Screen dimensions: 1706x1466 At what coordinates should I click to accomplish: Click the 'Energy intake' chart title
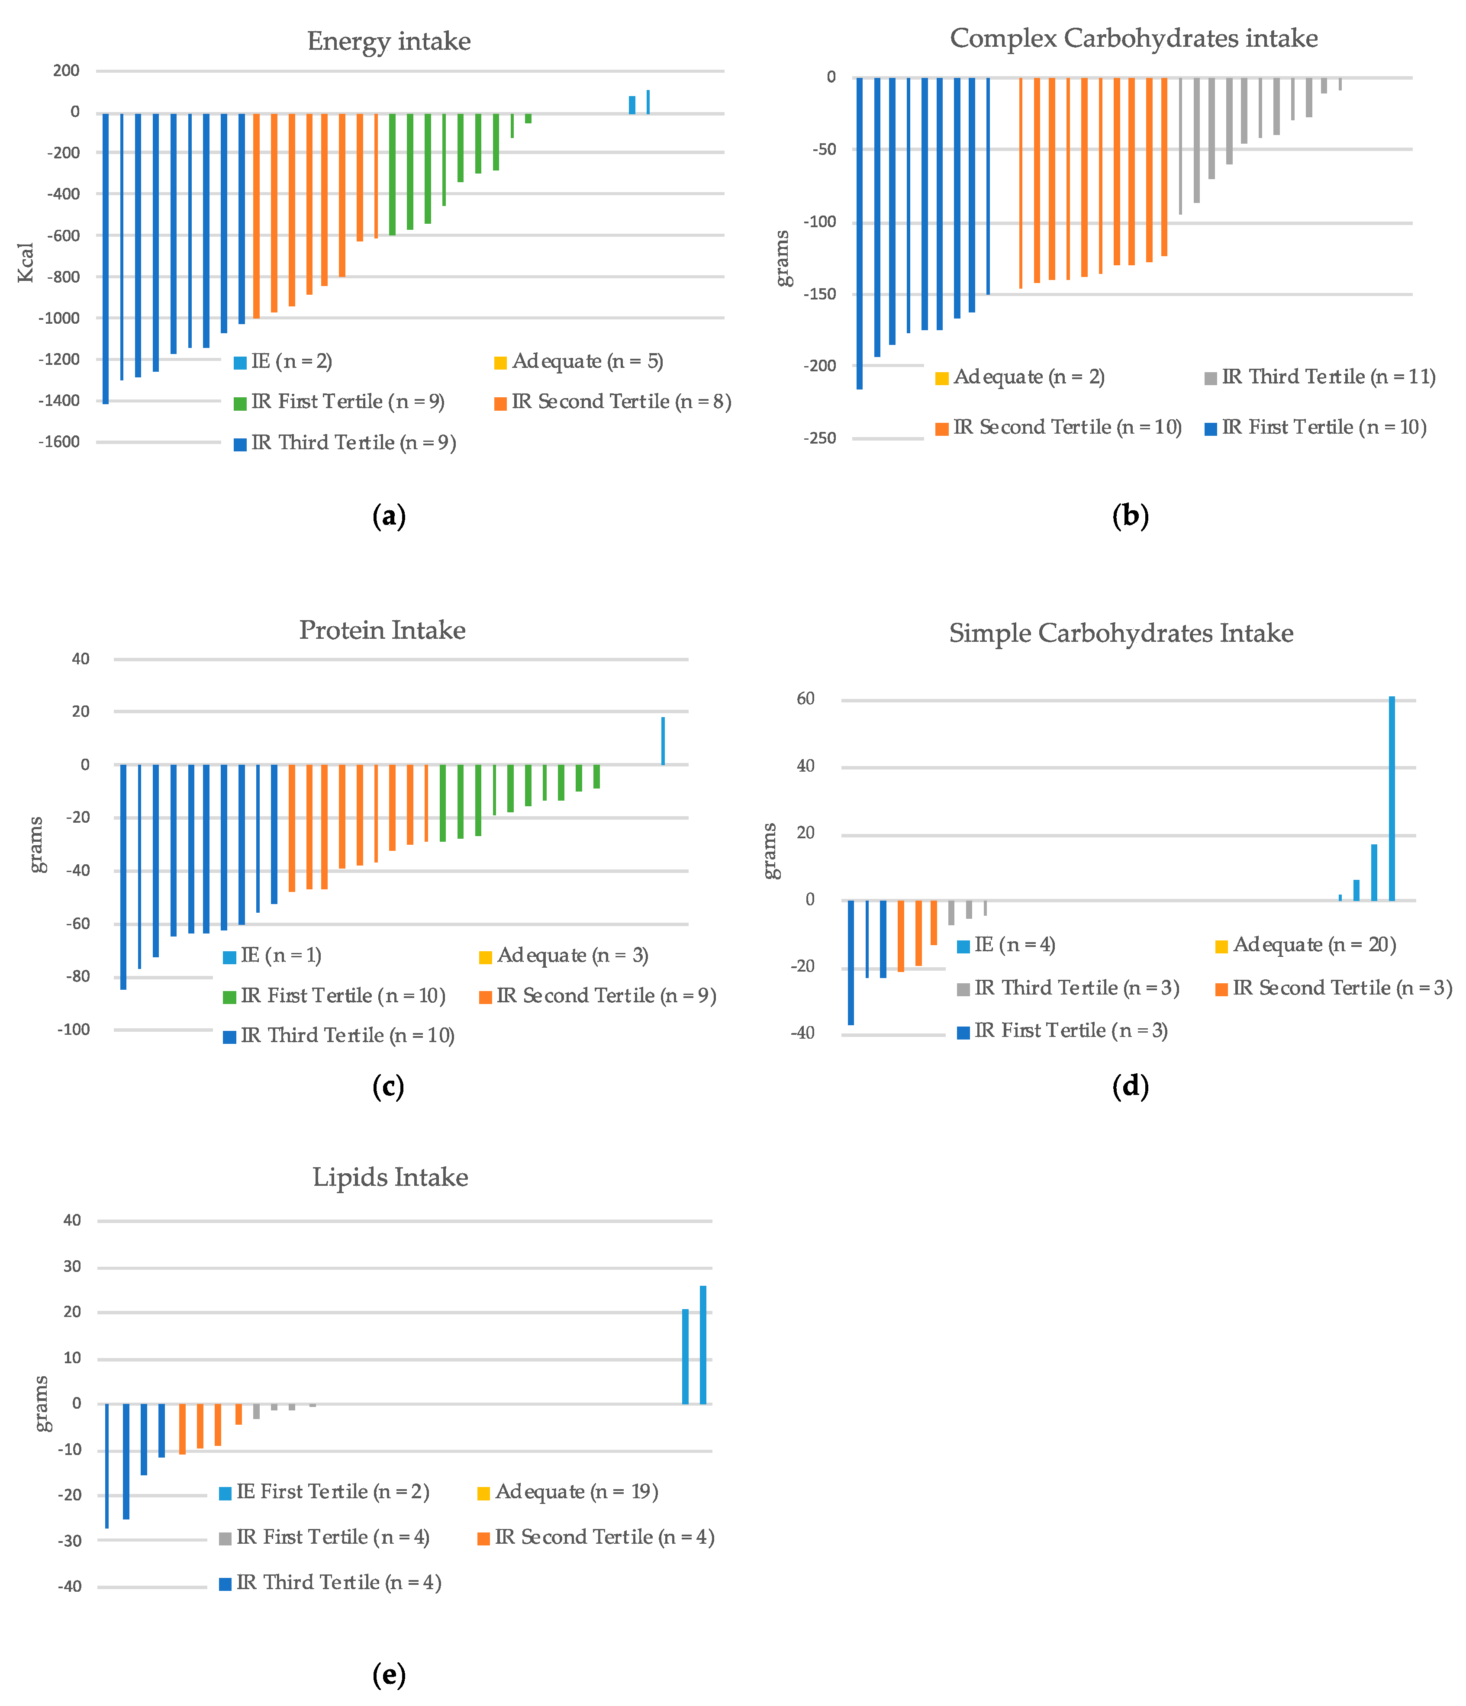coord(389,41)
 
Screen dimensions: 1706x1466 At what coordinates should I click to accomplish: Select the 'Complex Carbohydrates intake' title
coord(1133,38)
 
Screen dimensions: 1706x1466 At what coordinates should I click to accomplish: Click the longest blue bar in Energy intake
coord(106,258)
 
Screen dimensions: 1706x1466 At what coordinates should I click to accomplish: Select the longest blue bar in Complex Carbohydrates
coord(859,233)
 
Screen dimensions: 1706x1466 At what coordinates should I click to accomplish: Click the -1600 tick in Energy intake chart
coord(59,442)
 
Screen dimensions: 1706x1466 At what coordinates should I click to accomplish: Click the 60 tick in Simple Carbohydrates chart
coord(805,699)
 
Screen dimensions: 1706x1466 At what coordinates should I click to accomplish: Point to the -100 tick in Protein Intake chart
coord(73,1029)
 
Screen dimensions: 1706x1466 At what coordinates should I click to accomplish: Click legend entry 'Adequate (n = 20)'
coord(1314,945)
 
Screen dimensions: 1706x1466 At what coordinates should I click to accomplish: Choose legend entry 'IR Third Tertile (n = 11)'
coord(1327,377)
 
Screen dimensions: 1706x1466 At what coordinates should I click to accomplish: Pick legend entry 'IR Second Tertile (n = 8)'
coord(620,402)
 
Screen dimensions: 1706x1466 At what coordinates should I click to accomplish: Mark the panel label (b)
coord(1130,516)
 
